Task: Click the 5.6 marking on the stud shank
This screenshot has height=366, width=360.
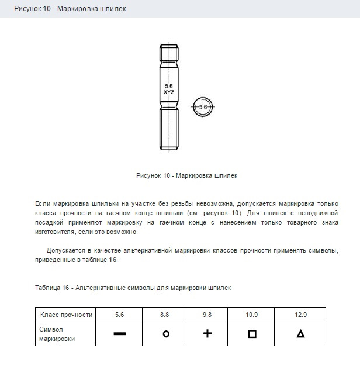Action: click(x=169, y=86)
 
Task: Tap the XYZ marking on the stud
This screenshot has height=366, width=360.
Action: click(x=169, y=92)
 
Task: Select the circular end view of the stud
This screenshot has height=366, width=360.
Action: click(x=203, y=107)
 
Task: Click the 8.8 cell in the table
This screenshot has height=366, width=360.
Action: click(x=165, y=315)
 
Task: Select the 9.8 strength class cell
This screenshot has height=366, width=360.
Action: click(x=207, y=315)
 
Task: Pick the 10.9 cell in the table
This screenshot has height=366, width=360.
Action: click(x=252, y=315)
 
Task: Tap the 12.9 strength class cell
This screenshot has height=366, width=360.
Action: click(x=300, y=315)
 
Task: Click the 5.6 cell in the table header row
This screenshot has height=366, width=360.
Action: click(x=120, y=315)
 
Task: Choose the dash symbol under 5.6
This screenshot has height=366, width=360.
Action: click(x=120, y=334)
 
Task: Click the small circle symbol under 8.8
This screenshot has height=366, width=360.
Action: click(x=165, y=334)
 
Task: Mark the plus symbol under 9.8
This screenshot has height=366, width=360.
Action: click(x=207, y=334)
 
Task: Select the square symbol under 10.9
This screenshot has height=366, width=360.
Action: click(x=252, y=334)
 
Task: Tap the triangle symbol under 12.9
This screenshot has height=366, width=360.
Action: click(x=300, y=334)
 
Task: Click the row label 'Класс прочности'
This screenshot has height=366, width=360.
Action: click(x=66, y=315)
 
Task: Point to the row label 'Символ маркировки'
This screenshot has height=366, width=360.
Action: click(x=57, y=334)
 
